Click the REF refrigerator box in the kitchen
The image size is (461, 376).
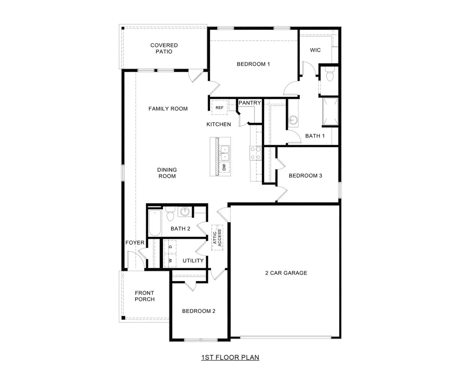[x=219, y=107]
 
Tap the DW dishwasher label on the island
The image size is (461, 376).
[x=224, y=167]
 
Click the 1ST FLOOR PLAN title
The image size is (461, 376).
[x=230, y=357]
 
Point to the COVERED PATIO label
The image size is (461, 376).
[x=164, y=48]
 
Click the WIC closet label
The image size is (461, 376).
[x=315, y=50]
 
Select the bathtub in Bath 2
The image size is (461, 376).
[x=154, y=223]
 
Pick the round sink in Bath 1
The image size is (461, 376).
[x=294, y=120]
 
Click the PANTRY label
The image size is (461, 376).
[x=250, y=103]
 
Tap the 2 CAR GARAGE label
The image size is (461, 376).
[x=286, y=273]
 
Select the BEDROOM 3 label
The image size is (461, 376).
[x=305, y=175]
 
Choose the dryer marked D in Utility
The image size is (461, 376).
[x=170, y=246]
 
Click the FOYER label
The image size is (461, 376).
[x=135, y=243]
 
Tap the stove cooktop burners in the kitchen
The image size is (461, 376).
[x=255, y=153]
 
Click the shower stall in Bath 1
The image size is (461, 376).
[x=330, y=111]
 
